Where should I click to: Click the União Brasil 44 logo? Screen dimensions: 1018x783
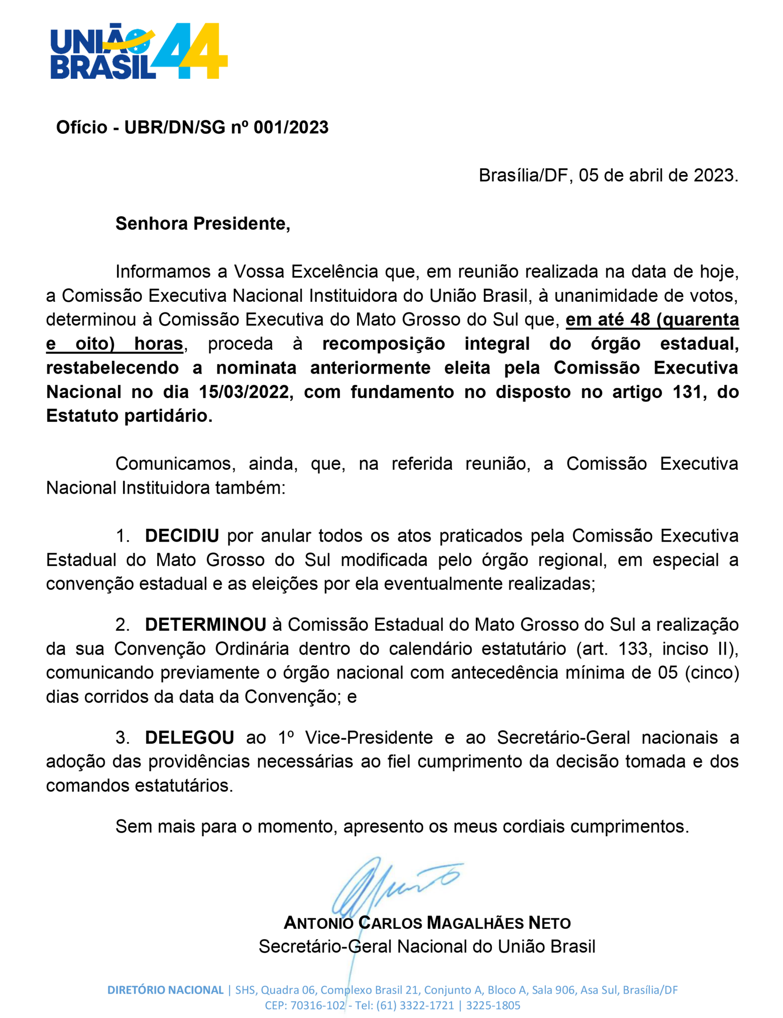click(x=138, y=51)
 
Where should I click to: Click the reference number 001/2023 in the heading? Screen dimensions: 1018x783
click(x=291, y=127)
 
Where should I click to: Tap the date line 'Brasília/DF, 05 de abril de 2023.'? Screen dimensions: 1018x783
click(x=608, y=176)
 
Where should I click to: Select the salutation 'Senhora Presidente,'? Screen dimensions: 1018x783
click(x=202, y=224)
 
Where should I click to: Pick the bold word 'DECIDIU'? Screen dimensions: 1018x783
click(x=182, y=536)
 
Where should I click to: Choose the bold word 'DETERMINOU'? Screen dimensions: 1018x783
click(x=206, y=625)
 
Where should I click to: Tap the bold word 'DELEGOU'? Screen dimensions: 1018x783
click(x=189, y=738)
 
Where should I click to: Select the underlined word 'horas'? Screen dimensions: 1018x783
click(x=158, y=345)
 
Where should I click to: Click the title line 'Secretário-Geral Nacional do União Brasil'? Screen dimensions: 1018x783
click(x=426, y=947)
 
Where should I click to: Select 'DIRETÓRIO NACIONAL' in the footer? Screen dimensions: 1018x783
click(x=165, y=990)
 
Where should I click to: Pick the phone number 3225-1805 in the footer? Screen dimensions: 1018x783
click(x=493, y=1006)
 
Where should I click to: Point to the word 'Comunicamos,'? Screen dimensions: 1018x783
click(x=175, y=464)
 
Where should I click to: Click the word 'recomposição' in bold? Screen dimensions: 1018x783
click(x=383, y=345)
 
